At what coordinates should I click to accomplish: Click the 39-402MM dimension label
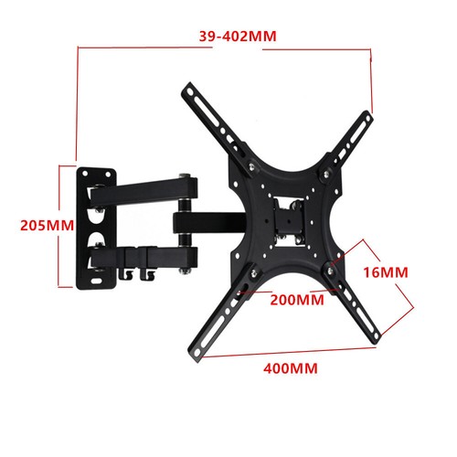237,37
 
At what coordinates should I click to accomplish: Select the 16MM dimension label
404,272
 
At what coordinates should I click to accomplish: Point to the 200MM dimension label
297,299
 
